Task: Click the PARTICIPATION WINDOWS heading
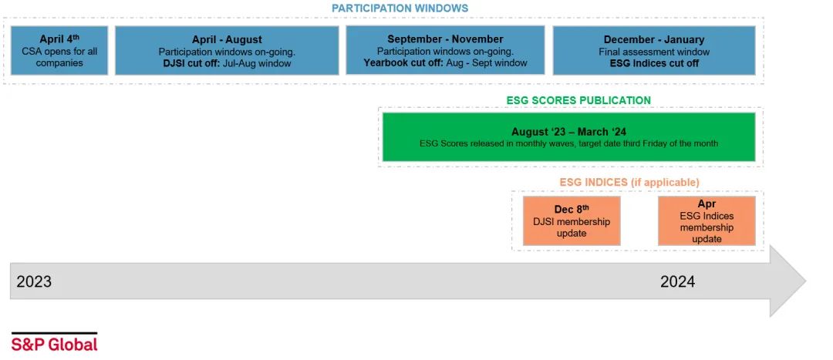pos(400,8)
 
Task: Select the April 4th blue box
pos(59,50)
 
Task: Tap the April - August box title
pos(227,39)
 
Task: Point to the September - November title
pos(445,39)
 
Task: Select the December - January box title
pos(654,39)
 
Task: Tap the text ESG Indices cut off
pos(654,63)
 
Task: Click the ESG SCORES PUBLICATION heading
pos(578,100)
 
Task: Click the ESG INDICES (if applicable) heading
pos(629,182)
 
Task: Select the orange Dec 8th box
pos(572,220)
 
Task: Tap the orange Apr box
pos(707,220)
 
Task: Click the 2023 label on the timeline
pos(34,282)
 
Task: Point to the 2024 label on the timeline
pos(677,282)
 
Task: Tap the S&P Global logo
pos(54,344)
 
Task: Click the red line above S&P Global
pos(54,333)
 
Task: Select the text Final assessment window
pos(654,52)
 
